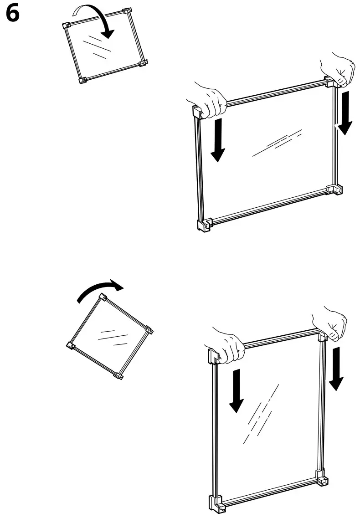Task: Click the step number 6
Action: click(x=13, y=15)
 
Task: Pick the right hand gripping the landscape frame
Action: click(x=339, y=68)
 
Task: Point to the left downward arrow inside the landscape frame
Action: click(x=218, y=139)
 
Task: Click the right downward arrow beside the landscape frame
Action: click(x=345, y=113)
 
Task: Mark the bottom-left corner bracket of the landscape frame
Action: click(x=203, y=225)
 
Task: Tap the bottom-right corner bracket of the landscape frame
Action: click(x=335, y=189)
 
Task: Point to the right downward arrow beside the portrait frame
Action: click(x=336, y=368)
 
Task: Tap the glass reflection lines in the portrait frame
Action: click(x=261, y=412)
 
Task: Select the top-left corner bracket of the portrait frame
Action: click(x=213, y=355)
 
